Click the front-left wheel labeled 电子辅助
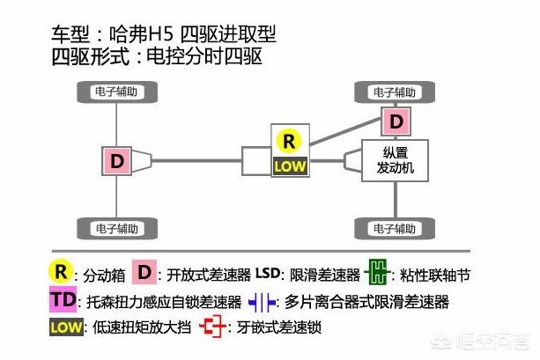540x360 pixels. [x=118, y=92]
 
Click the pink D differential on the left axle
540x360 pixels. [x=118, y=160]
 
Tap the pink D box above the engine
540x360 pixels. [x=396, y=120]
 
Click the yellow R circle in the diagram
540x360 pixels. [x=288, y=140]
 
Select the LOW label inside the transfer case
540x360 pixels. [x=288, y=165]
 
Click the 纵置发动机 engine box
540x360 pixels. [x=388, y=158]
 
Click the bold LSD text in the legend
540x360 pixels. [x=270, y=274]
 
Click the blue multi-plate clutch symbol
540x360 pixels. [x=263, y=302]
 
